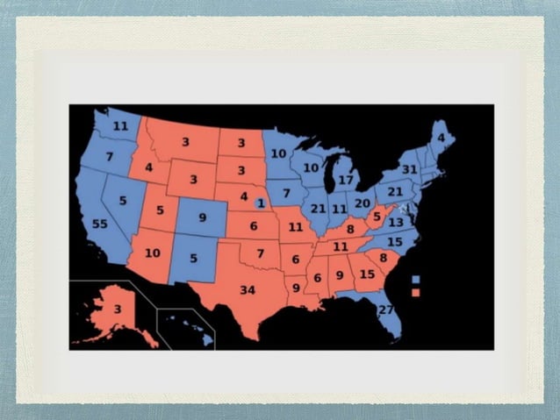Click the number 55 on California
[x=99, y=225]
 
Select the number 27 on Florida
[x=385, y=310]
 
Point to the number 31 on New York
[x=409, y=169]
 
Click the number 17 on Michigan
[x=346, y=181]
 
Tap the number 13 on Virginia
[x=396, y=223]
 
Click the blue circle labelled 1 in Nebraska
[x=261, y=203]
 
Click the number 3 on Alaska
[x=117, y=310]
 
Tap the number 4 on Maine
[x=442, y=138]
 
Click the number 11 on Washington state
[x=120, y=127]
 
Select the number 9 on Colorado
[x=202, y=217]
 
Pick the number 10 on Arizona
[x=153, y=253]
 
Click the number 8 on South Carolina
[x=383, y=258]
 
